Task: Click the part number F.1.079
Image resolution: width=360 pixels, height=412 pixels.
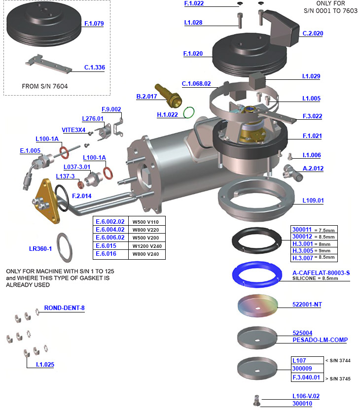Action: pos(94,23)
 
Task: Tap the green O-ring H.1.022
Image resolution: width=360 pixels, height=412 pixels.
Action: pos(188,113)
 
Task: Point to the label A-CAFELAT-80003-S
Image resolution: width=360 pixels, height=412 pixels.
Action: pos(321,273)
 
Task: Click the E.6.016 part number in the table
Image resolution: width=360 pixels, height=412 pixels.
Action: pos(106,254)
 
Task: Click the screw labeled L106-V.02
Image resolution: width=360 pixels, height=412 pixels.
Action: pos(255,401)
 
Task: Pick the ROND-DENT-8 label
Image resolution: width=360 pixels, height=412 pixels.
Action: pos(64,308)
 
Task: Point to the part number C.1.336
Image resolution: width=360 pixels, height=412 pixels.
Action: pos(94,68)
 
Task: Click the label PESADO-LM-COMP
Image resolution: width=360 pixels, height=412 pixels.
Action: pos(320,340)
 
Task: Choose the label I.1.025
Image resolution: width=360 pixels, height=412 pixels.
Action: pos(45,365)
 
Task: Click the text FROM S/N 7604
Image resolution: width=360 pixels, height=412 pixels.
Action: pos(45,86)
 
